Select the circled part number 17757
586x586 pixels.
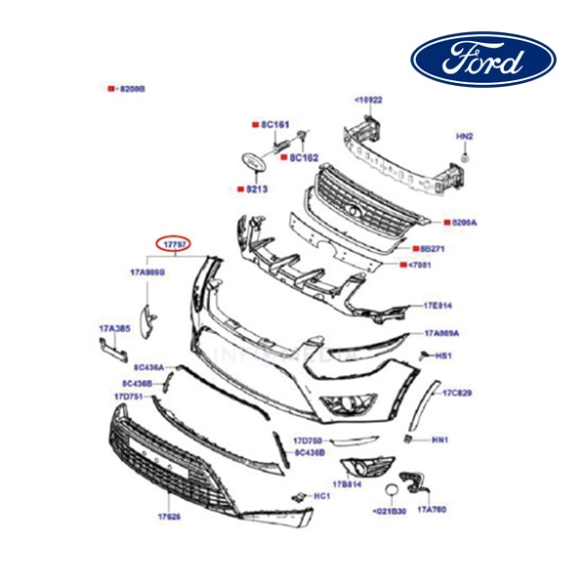click(175, 243)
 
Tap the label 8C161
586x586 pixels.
click(274, 125)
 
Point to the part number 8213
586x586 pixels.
click(257, 189)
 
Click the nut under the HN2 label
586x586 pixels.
click(466, 156)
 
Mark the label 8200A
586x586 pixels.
click(462, 223)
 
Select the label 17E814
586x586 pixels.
click(439, 306)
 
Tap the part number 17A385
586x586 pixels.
click(111, 329)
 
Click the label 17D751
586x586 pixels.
click(128, 397)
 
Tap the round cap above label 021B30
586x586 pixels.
click(389, 490)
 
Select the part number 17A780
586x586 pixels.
click(432, 509)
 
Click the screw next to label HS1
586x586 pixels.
click(424, 356)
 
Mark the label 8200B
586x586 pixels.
click(131, 89)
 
